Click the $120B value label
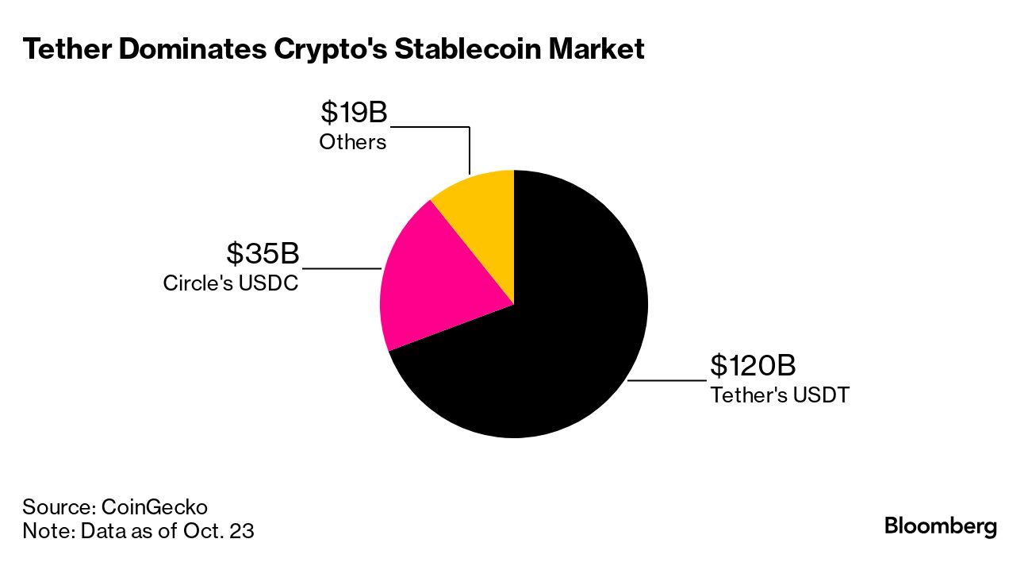(752, 366)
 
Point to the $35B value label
(263, 254)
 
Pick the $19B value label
(354, 112)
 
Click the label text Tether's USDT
(779, 395)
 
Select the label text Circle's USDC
(231, 283)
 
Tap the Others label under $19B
(353, 142)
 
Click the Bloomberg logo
(941, 525)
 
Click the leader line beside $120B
(666, 381)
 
